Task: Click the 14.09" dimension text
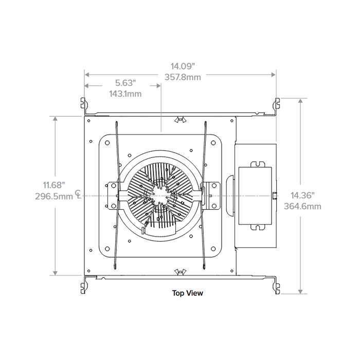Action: coord(183,66)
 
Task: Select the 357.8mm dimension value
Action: coord(183,77)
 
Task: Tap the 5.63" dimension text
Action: coord(125,83)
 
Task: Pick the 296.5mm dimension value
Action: coord(55,196)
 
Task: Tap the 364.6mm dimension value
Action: coord(302,206)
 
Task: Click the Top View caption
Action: coord(187,293)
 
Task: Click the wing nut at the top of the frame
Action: coord(180,120)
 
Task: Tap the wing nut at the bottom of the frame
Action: coord(180,271)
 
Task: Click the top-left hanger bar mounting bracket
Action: coord(84,105)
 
